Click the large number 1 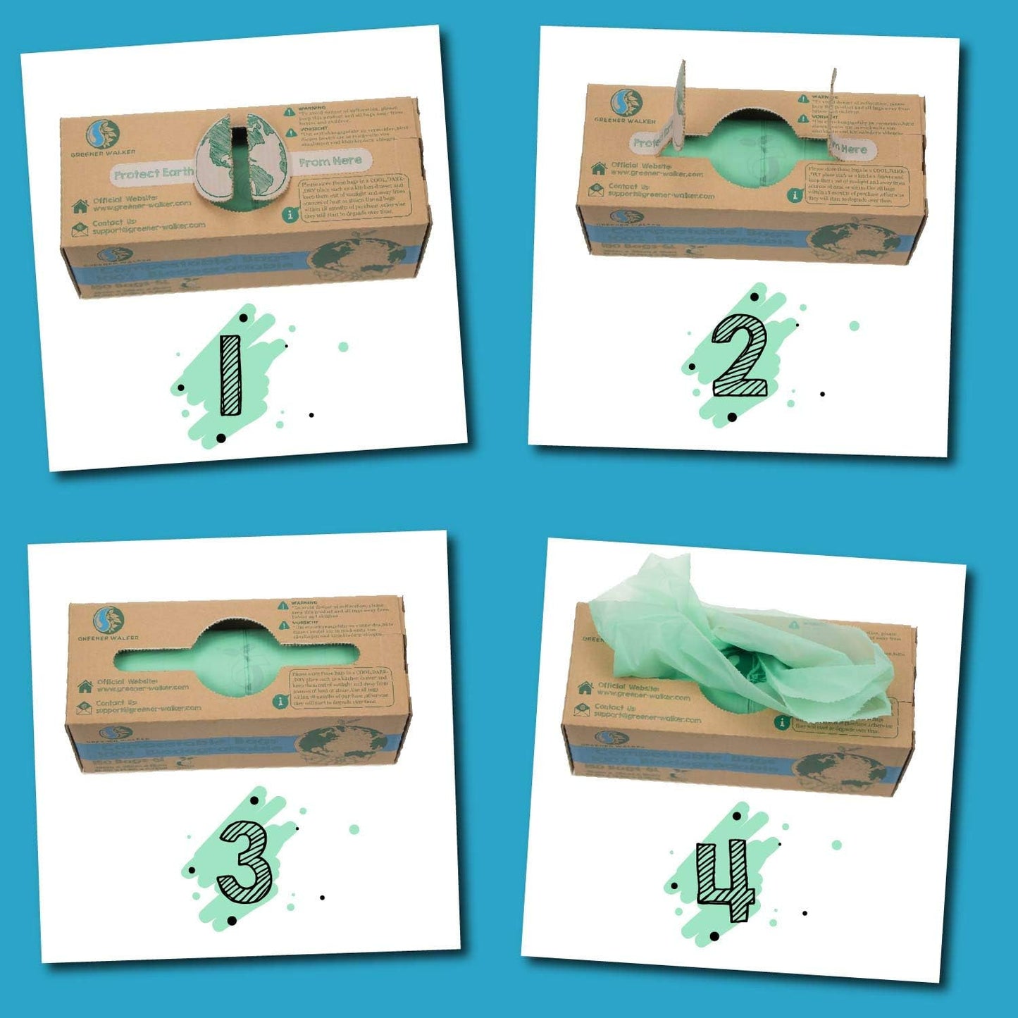click(x=231, y=375)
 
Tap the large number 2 click(x=738, y=355)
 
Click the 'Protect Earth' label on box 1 click(x=153, y=173)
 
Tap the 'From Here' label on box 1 click(x=330, y=161)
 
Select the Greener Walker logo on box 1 click(x=104, y=135)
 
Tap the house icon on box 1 click(x=80, y=206)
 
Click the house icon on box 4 click(x=585, y=688)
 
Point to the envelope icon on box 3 click(x=84, y=706)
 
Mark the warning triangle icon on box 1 click(x=290, y=111)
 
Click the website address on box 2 click(x=657, y=173)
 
